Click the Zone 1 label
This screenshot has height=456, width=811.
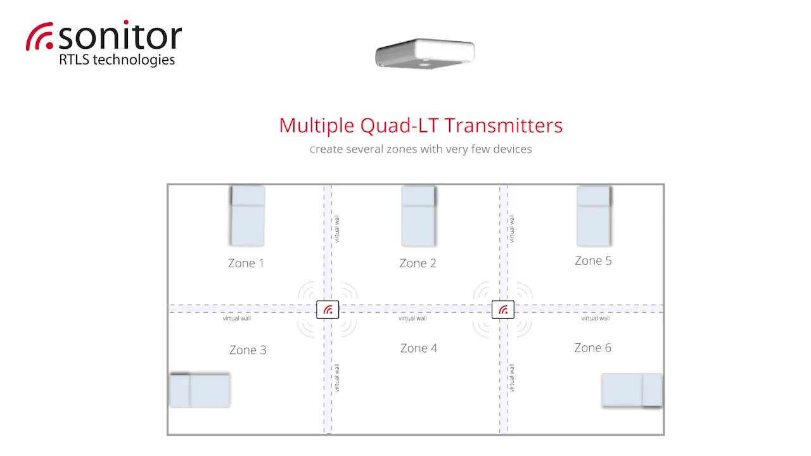[x=246, y=263]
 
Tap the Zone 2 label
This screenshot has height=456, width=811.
[x=418, y=263]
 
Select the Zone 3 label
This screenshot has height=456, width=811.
[x=248, y=350]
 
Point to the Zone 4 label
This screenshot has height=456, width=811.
[x=419, y=348]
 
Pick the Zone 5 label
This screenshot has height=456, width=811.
[x=593, y=260]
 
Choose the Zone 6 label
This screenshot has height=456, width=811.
[x=592, y=348]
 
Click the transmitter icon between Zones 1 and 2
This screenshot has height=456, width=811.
[x=328, y=310]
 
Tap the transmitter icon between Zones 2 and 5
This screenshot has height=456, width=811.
[x=503, y=310]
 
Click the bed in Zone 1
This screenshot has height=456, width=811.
[x=247, y=216]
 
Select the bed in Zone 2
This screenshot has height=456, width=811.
[x=419, y=216]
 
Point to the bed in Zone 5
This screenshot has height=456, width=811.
[x=594, y=216]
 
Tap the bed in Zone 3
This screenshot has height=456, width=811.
[x=200, y=391]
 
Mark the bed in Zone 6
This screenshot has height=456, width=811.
[x=632, y=391]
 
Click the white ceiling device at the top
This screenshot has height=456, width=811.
[x=425, y=54]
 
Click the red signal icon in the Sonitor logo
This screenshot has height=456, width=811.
[x=40, y=36]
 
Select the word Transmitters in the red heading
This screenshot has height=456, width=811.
[x=504, y=125]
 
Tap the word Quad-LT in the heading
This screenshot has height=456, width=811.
[x=399, y=126]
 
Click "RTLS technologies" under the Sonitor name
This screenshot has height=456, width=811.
[x=117, y=60]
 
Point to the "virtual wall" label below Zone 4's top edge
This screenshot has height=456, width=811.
[x=412, y=318]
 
